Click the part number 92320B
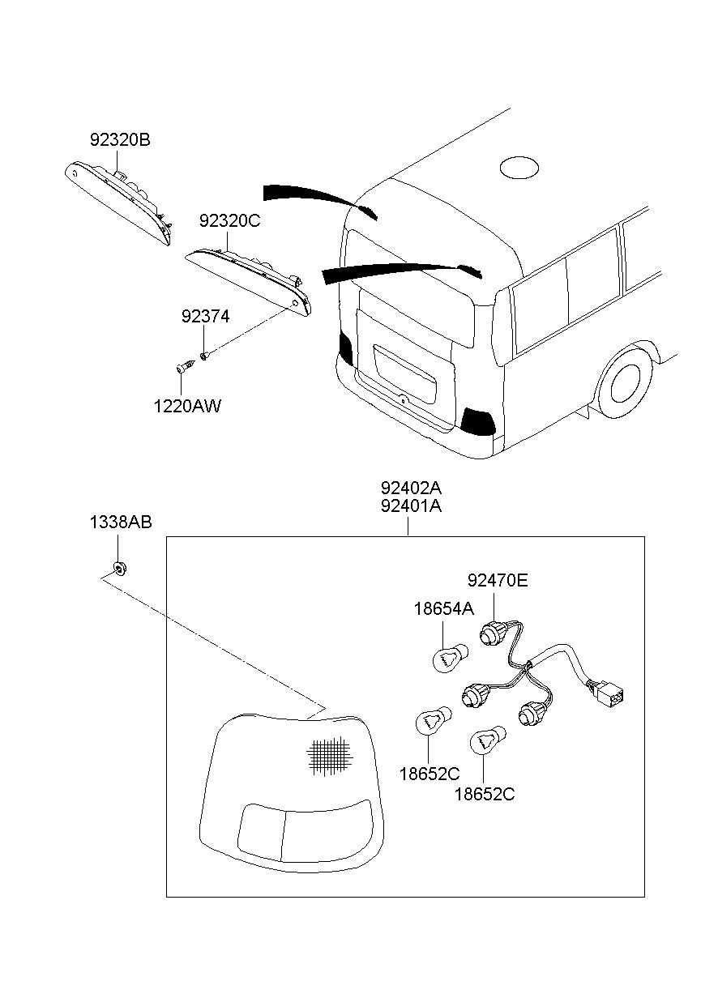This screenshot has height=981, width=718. click(x=120, y=140)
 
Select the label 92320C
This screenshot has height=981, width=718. click(x=230, y=220)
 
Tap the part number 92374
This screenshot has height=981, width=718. click(x=205, y=317)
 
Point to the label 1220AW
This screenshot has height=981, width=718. click(x=187, y=406)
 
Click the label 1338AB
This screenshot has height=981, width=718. click(x=120, y=522)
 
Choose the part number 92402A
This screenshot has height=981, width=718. click(x=411, y=488)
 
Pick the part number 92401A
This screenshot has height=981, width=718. click(x=411, y=507)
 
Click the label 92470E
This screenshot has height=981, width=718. click(x=497, y=580)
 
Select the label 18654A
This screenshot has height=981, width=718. click(x=443, y=609)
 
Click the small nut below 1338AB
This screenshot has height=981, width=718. click(x=119, y=567)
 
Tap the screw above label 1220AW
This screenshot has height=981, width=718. click(x=184, y=368)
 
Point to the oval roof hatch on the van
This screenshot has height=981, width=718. click(x=519, y=168)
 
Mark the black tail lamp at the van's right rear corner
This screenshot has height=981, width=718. click(x=478, y=420)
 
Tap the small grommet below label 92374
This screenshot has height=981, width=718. click(x=205, y=354)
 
